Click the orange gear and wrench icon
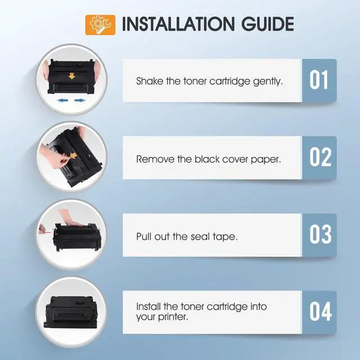100,25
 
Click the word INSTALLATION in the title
178,24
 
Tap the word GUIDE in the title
268,24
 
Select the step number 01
319,80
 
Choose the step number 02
320,157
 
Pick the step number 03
320,234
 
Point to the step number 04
321,312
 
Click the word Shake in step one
150,81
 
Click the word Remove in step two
155,159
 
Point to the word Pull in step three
143,236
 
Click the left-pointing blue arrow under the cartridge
62,100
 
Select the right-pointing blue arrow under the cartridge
80,100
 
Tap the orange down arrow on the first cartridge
72,76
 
